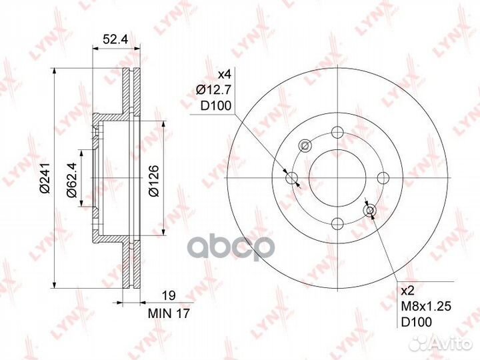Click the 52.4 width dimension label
click(x=115, y=39)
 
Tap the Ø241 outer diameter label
click(x=45, y=178)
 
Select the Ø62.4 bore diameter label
click(x=72, y=181)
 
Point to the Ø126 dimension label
click(x=153, y=181)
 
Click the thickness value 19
click(x=169, y=296)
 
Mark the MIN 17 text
click(x=169, y=313)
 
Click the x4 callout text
click(x=225, y=75)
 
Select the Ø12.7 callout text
click(x=213, y=90)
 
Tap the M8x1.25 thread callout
click(x=426, y=306)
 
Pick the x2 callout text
click(x=407, y=291)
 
